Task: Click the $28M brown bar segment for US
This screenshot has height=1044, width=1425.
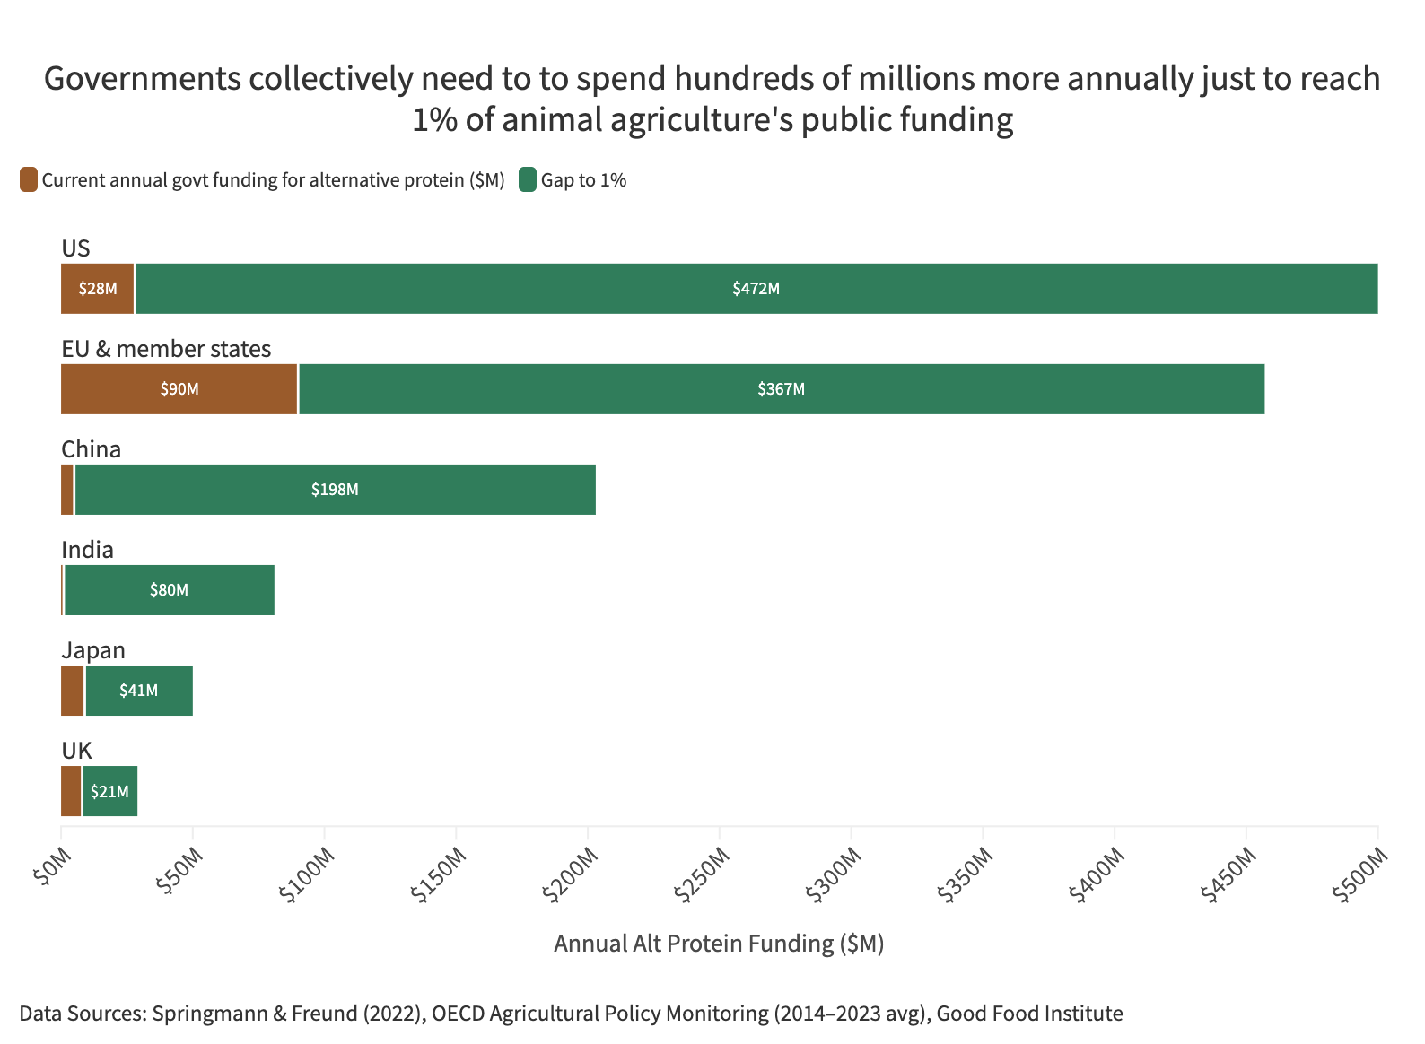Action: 97,289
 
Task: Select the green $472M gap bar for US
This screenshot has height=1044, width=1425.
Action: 756,289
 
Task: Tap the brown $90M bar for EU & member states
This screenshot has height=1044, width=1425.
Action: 179,389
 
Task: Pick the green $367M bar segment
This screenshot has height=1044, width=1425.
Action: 781,389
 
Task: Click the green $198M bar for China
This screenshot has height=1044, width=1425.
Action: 335,490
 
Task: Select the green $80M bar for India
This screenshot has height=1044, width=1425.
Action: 169,590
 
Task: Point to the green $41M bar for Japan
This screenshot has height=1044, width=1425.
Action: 139,691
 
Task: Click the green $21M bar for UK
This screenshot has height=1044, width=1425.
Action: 109,791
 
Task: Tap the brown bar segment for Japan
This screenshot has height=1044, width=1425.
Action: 73,691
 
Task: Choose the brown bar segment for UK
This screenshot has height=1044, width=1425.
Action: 71,791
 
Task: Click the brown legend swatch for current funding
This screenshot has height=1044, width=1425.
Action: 29,179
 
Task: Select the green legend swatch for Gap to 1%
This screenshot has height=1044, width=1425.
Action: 528,179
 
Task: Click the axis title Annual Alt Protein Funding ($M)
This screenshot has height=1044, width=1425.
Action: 719,944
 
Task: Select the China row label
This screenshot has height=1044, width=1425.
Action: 91,448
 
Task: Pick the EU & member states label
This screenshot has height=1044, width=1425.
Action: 166,348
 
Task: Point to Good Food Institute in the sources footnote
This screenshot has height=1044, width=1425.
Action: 1029,1014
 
